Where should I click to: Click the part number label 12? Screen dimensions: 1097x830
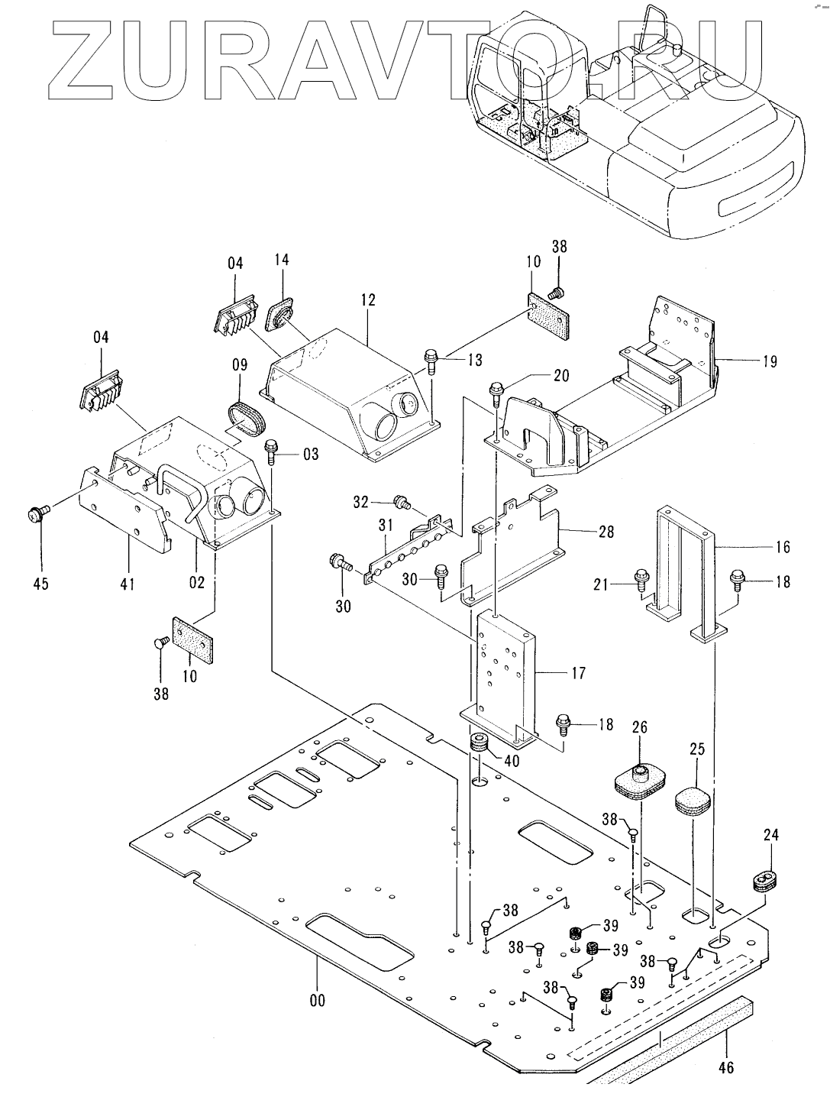tap(369, 300)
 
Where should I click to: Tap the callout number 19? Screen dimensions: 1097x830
tap(770, 361)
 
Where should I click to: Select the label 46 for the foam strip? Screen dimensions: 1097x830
tap(726, 1066)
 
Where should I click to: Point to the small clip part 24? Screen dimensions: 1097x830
tap(764, 879)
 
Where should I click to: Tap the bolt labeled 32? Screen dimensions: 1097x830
tap(399, 503)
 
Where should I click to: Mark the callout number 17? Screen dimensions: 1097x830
tap(578, 673)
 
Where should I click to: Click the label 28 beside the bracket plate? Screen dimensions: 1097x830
tap(606, 531)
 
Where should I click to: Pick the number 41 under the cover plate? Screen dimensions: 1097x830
tap(127, 584)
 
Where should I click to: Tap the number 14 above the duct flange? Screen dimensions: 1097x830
tap(282, 260)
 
